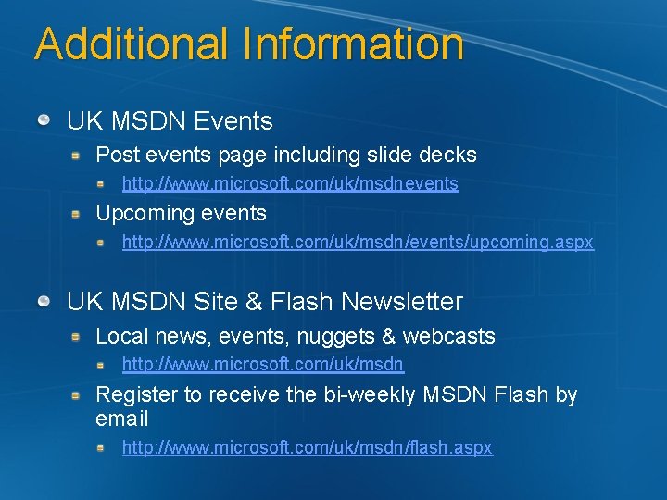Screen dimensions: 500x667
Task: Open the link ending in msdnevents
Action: [290, 183]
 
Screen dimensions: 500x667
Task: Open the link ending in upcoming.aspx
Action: [358, 242]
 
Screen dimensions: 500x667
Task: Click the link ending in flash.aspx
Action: [308, 447]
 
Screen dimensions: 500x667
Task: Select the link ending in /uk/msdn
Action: [263, 365]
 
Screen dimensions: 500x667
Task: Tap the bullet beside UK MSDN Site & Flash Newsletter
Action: [44, 302]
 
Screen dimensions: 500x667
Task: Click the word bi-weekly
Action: [369, 394]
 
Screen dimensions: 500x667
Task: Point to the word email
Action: [121, 419]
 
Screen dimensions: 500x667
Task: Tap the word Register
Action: [136, 394]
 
